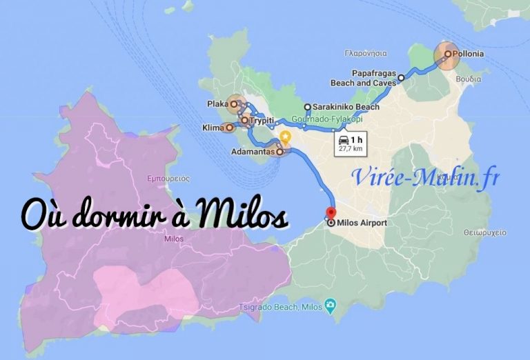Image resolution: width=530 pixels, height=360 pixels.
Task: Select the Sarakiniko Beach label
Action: (346, 108)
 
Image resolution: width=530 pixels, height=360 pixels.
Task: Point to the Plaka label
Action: (217, 105)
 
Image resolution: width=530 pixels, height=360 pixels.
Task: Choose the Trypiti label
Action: (262, 121)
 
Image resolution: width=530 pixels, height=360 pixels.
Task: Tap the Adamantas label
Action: (253, 150)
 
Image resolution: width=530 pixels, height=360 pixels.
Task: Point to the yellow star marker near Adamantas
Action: (285, 137)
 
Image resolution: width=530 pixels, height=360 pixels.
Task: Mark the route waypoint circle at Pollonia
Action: (447, 54)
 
